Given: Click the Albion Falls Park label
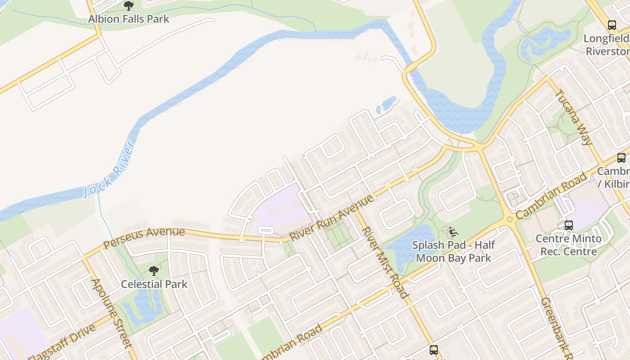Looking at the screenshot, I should pyautogui.click(x=129, y=19).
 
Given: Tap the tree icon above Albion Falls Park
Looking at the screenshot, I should pyautogui.click(x=129, y=6).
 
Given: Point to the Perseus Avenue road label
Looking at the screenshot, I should pyautogui.click(x=144, y=238).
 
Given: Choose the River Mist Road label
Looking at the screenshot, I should pyautogui.click(x=385, y=262).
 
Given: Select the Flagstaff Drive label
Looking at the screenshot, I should pyautogui.click(x=62, y=342).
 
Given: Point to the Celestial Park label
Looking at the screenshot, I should pyautogui.click(x=154, y=284).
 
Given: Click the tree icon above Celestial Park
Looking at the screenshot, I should pyautogui.click(x=154, y=271).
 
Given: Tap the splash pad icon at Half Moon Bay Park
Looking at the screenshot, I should pyautogui.click(x=454, y=232).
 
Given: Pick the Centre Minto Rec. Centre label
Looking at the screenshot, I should pyautogui.click(x=568, y=245).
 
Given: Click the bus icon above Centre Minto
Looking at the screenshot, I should pyautogui.click(x=569, y=225).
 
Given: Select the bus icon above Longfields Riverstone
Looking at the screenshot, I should pyautogui.click(x=612, y=25).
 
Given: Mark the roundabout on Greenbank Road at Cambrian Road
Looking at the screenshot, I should pyautogui.click(x=510, y=220).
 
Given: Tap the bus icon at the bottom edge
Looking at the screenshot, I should pyautogui.click(x=434, y=350).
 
